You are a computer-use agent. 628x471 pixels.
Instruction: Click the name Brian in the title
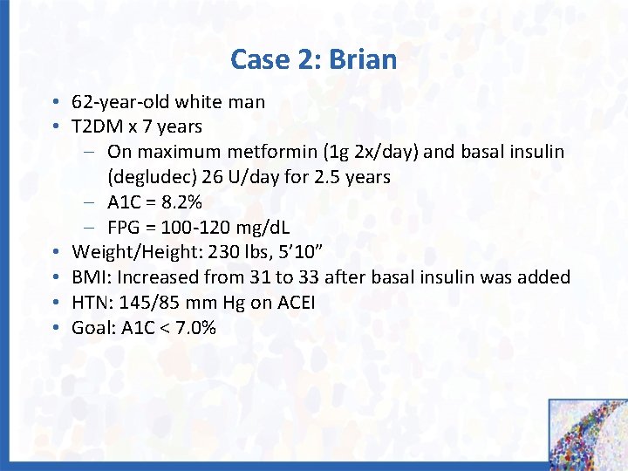click(363, 60)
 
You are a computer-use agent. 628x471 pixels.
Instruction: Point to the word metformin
click(273, 153)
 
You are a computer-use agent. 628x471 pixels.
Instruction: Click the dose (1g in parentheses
click(337, 153)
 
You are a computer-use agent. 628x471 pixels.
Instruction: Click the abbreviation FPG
click(126, 228)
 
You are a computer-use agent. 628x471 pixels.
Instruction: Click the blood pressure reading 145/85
click(150, 303)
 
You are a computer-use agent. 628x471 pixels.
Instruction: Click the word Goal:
click(95, 328)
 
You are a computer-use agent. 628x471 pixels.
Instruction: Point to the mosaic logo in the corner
click(588, 434)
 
